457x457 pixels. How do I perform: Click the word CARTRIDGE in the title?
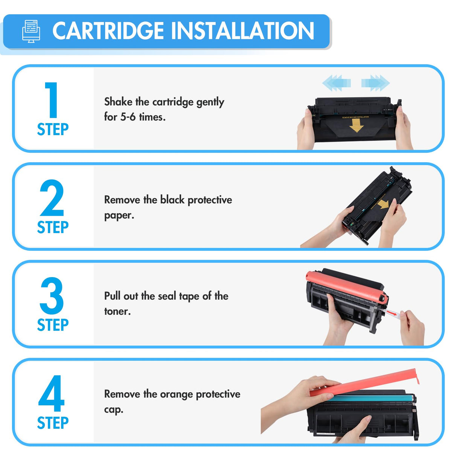click(x=108, y=31)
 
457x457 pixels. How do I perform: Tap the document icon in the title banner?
click(x=31, y=31)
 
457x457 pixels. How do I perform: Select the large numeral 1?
click(x=52, y=100)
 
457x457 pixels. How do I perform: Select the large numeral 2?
click(x=52, y=198)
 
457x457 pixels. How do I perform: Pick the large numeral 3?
click(x=52, y=296)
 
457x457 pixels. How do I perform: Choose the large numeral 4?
click(x=52, y=393)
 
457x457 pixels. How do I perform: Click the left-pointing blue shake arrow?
click(x=336, y=82)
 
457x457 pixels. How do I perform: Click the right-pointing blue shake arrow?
click(x=376, y=82)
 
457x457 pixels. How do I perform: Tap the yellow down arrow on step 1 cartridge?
click(x=356, y=126)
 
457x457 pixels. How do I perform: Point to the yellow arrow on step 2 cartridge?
click(x=383, y=204)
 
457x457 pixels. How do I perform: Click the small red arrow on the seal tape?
click(x=392, y=313)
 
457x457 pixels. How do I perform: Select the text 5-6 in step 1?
click(x=128, y=117)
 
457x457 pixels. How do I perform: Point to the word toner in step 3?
click(x=117, y=311)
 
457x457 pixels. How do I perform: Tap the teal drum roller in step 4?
click(x=369, y=398)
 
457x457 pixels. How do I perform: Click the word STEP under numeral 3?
click(x=53, y=325)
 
